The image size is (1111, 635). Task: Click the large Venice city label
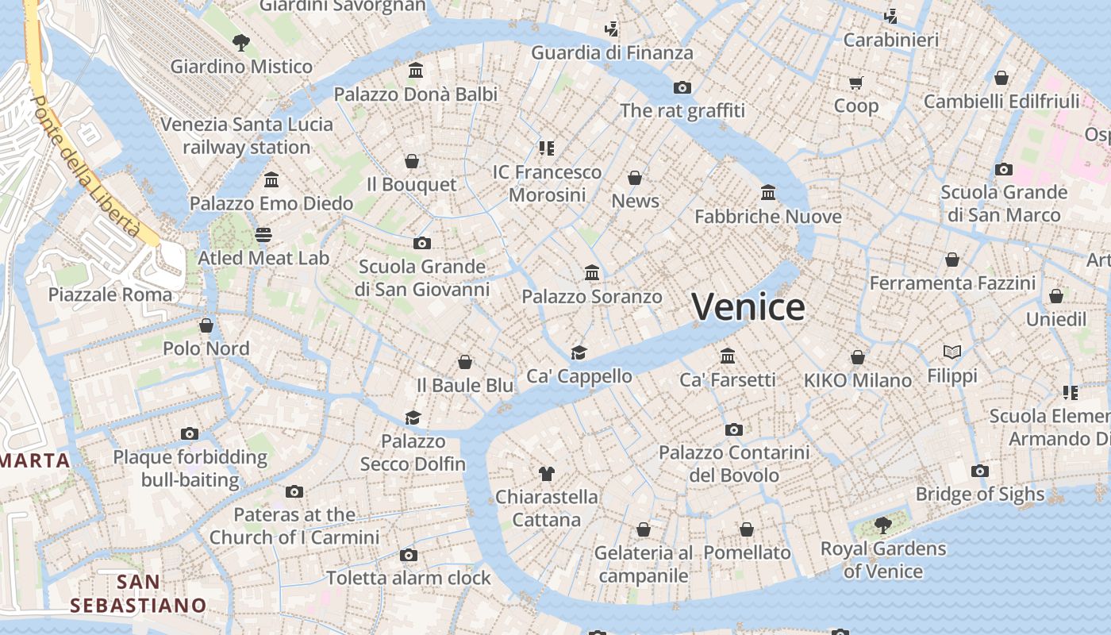coord(748,307)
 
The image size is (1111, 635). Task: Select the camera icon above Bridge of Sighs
coord(980,471)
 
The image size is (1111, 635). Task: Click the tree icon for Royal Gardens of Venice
coord(882,525)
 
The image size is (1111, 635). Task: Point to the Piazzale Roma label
coord(110,294)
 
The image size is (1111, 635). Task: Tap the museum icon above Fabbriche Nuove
coord(768,192)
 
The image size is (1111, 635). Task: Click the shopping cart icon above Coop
coord(855,83)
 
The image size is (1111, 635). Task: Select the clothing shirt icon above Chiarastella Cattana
coord(546,474)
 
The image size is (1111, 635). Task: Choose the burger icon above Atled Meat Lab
coord(263,235)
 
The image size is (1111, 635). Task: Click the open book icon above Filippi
coord(952,352)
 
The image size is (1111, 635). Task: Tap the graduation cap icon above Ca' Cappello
coord(579,352)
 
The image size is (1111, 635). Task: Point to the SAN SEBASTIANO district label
coord(138,594)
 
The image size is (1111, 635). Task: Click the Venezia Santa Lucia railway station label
coord(247,136)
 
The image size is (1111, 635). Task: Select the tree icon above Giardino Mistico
coord(241,43)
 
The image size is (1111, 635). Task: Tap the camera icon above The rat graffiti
coord(682,87)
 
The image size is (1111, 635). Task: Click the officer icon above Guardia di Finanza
coord(611,29)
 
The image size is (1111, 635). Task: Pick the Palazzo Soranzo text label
coord(591,297)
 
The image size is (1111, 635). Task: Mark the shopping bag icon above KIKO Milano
coord(858,357)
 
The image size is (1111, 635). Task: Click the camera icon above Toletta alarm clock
coord(409,555)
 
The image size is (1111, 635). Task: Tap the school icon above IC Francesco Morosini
coord(547,148)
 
